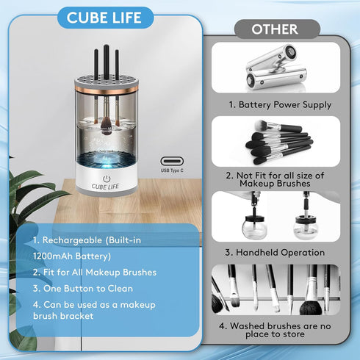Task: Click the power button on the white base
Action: [x=107, y=178]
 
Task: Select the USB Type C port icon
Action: [x=173, y=159]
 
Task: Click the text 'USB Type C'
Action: [x=173, y=170]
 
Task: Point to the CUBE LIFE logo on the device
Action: [x=107, y=186]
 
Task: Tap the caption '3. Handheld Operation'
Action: [x=276, y=252]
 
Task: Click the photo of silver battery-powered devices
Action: [x=276, y=68]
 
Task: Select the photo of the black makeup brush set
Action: [x=276, y=143]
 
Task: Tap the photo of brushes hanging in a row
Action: [x=276, y=289]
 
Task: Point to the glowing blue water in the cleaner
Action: [x=107, y=158]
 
